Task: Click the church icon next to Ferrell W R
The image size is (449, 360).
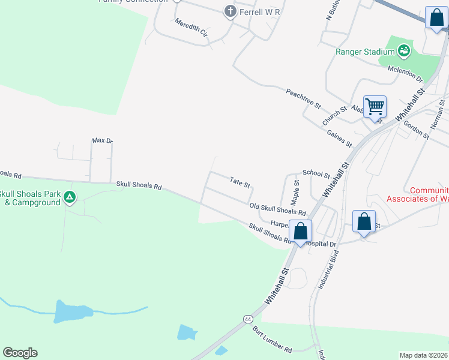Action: coord(229,11)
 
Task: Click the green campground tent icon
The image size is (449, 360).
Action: coord(70,197)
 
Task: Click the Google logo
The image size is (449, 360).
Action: coord(20,353)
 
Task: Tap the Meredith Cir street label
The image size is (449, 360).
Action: coord(191,27)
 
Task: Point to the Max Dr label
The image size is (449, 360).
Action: coord(102,140)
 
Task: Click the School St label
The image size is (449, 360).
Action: coord(316,173)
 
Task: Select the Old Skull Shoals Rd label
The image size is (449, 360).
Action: coord(278,209)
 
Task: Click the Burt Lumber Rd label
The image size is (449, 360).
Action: coord(272,340)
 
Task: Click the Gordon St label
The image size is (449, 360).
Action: coord(416,130)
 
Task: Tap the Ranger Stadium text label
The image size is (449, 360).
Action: coord(364,52)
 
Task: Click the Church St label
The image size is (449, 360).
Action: coord(334,116)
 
